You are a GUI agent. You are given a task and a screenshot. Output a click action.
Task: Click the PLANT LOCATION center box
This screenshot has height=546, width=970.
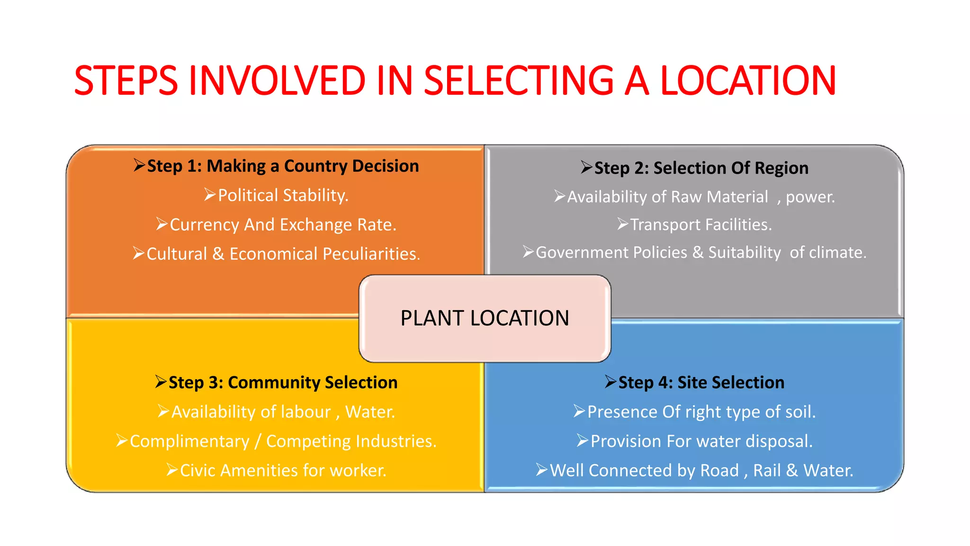click(x=485, y=318)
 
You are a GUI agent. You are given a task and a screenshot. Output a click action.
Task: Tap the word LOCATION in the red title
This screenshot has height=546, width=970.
click(x=748, y=81)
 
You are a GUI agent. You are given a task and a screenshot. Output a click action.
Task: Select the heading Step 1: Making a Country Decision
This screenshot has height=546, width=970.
click(x=283, y=166)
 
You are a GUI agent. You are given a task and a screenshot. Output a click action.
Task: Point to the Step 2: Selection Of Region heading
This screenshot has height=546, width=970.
click(x=701, y=168)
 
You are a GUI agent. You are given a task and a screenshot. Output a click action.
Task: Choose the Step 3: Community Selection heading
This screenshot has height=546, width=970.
click(x=283, y=382)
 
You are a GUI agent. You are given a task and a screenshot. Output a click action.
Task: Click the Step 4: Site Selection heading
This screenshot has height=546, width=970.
click(x=701, y=382)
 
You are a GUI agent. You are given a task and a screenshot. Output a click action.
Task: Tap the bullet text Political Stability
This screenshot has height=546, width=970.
click(x=283, y=195)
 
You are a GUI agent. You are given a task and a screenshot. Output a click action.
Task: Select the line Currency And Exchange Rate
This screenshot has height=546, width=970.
click(x=283, y=225)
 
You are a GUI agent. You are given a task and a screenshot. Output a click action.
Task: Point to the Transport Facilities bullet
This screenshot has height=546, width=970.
click(x=701, y=225)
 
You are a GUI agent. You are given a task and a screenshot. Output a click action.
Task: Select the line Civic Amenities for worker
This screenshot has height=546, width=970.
click(x=283, y=471)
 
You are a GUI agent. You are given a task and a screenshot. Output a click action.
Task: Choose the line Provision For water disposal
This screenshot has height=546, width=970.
click(x=701, y=441)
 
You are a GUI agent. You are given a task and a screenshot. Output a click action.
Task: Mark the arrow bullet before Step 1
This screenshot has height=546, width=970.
click(x=139, y=165)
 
